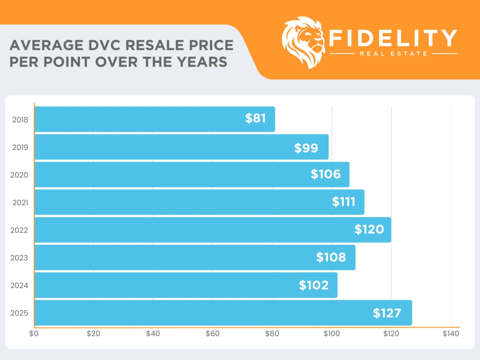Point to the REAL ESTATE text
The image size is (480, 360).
[x=393, y=53]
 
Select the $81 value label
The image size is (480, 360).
[x=255, y=119]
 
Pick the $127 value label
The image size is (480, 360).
[x=387, y=313]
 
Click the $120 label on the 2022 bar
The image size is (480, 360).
[x=369, y=230]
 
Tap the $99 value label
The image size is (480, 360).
[x=306, y=148]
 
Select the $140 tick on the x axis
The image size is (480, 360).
[x=450, y=334]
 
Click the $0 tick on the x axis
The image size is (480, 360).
[x=34, y=334]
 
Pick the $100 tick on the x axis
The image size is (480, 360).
[x=331, y=334]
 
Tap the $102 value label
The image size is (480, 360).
[x=314, y=285]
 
